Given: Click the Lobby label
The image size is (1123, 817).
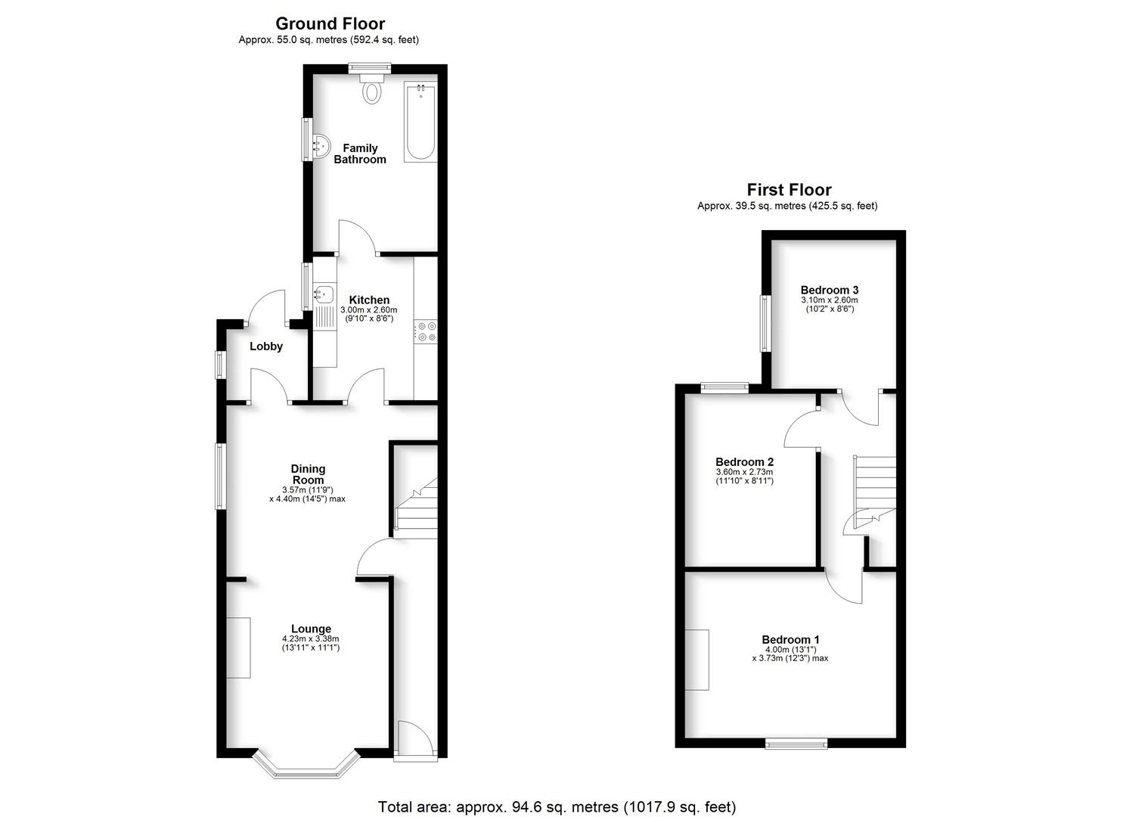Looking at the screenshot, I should [x=266, y=346].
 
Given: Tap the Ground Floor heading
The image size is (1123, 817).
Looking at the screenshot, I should [x=330, y=23].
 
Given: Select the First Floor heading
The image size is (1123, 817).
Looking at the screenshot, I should [x=789, y=190].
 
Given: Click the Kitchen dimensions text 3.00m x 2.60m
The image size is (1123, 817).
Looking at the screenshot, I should [x=368, y=310].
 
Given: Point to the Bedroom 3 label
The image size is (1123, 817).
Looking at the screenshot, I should [x=829, y=290].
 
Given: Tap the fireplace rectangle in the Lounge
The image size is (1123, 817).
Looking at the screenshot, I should [x=239, y=648].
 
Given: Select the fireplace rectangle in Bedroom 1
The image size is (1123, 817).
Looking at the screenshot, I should [x=698, y=659].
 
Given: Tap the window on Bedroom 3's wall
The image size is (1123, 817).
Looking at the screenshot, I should [x=765, y=323].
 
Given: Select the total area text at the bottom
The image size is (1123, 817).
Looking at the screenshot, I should [x=557, y=806].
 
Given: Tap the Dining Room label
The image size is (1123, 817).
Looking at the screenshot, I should [x=308, y=474].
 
